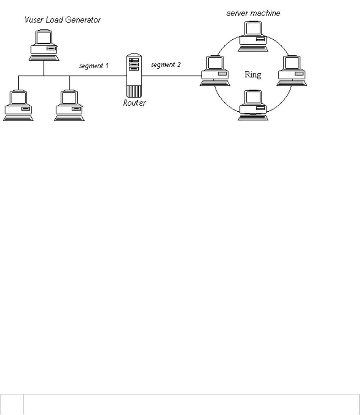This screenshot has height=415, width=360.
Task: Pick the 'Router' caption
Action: (x=135, y=102)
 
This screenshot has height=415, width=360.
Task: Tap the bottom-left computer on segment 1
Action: (x=18, y=104)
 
